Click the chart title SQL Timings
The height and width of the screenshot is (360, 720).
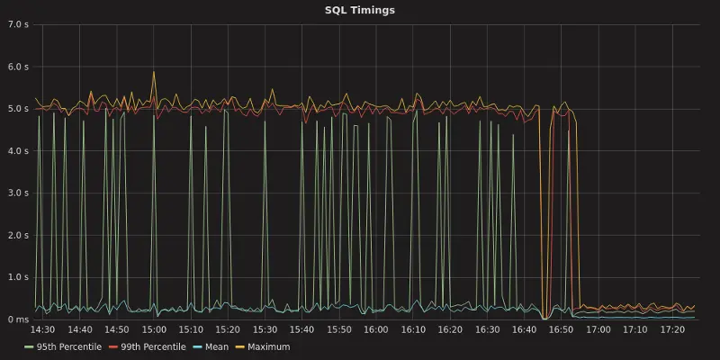point(360,11)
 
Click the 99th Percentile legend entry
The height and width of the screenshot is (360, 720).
point(147,346)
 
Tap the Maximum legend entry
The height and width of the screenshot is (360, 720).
point(268,346)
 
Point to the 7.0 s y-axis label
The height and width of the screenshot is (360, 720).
point(20,24)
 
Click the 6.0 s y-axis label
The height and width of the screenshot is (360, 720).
point(20,67)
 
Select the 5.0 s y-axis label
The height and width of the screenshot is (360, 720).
point(20,109)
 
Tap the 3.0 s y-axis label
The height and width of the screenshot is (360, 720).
point(20,193)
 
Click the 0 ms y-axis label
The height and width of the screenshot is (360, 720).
point(20,319)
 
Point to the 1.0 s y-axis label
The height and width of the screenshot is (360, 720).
point(20,277)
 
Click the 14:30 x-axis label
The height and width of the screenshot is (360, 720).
point(43,330)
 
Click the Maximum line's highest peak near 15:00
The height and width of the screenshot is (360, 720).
point(154,72)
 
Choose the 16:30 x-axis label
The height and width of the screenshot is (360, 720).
point(487,330)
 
